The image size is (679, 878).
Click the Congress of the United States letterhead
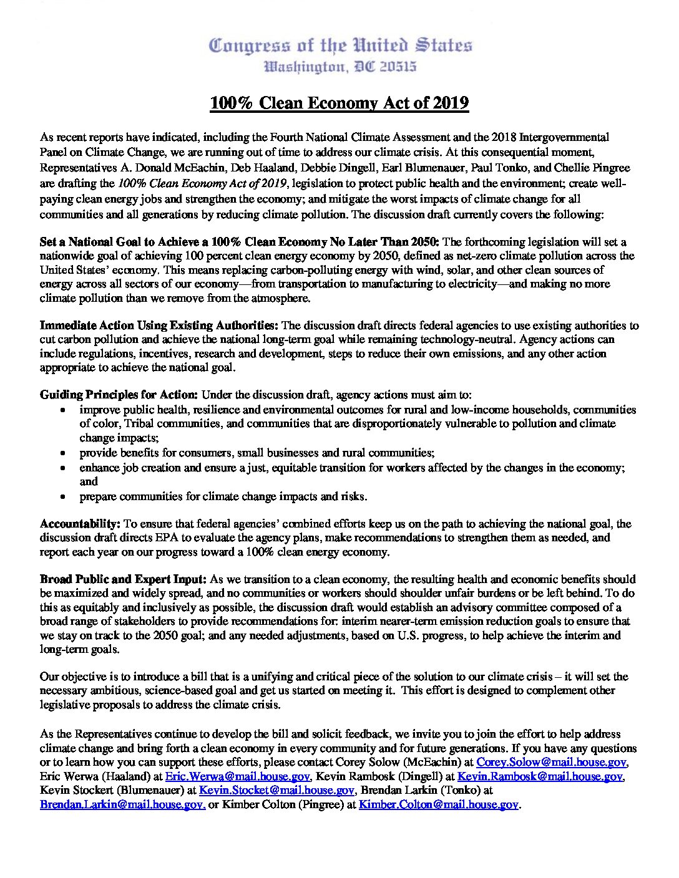click(340, 46)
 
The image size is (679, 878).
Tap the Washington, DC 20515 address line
click(340, 66)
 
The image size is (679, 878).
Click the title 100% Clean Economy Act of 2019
click(339, 103)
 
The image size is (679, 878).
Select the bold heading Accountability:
click(80, 524)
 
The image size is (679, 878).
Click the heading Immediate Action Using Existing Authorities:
click(159, 326)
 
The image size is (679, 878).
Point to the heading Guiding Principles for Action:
click(119, 395)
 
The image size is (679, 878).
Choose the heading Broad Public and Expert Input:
click(123, 579)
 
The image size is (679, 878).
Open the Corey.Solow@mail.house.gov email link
click(551, 762)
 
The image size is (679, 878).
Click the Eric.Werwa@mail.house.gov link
click(237, 776)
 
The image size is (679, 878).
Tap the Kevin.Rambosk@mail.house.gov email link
click(540, 776)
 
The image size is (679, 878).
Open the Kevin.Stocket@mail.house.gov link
click(276, 790)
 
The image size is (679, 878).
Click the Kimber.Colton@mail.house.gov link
click(438, 804)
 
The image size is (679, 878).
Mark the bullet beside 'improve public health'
click(64, 410)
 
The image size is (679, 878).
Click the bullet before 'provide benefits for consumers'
click(64, 453)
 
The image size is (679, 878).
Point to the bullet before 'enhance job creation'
click(64, 468)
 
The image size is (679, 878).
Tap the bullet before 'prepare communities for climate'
click(64, 497)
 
